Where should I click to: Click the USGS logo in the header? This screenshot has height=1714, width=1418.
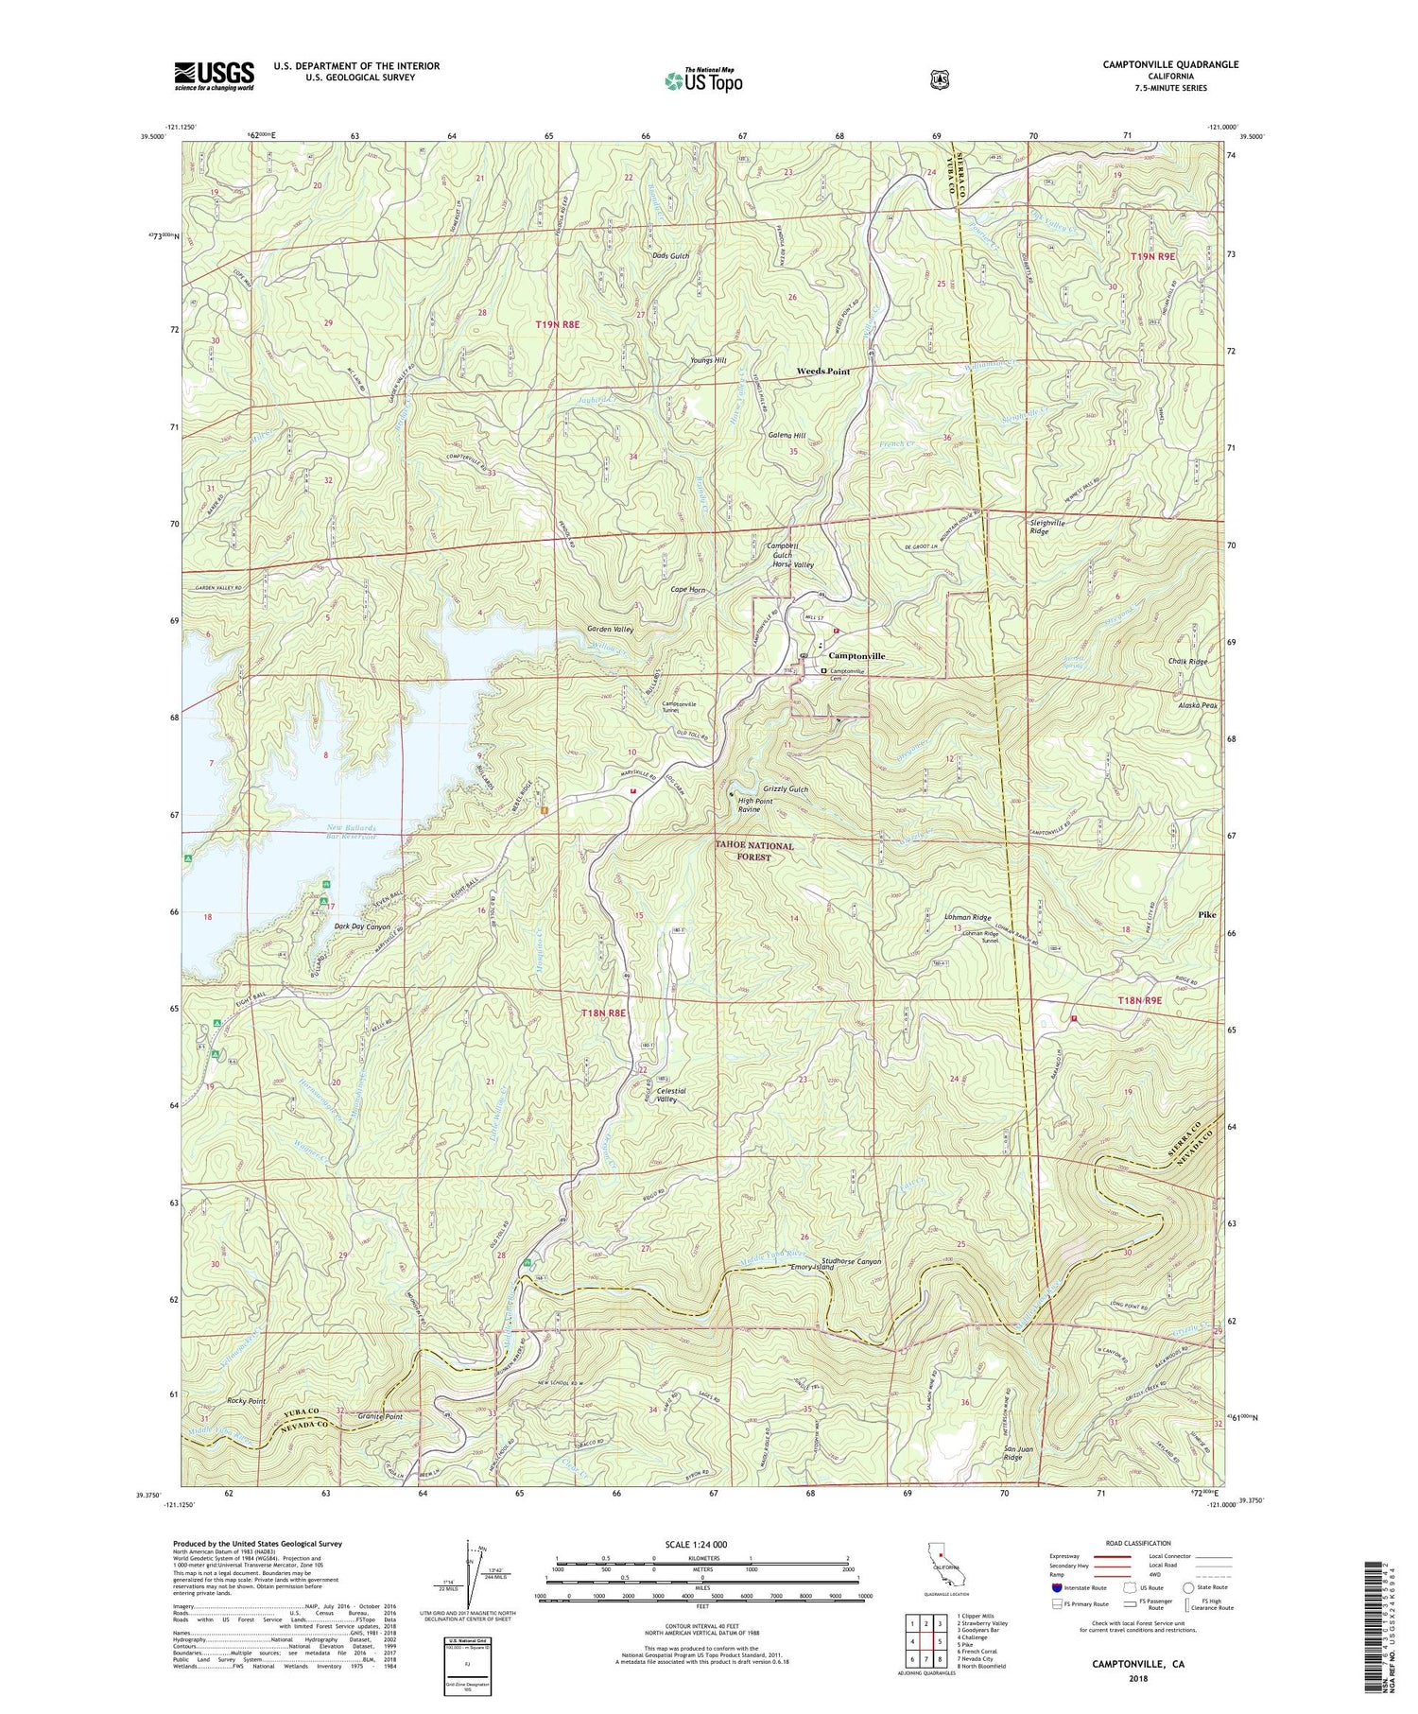pos(214,75)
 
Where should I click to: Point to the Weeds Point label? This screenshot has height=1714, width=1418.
pos(823,372)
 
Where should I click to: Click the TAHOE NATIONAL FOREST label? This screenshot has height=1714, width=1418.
pos(754,852)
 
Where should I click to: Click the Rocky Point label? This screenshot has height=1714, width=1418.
pos(246,1401)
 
